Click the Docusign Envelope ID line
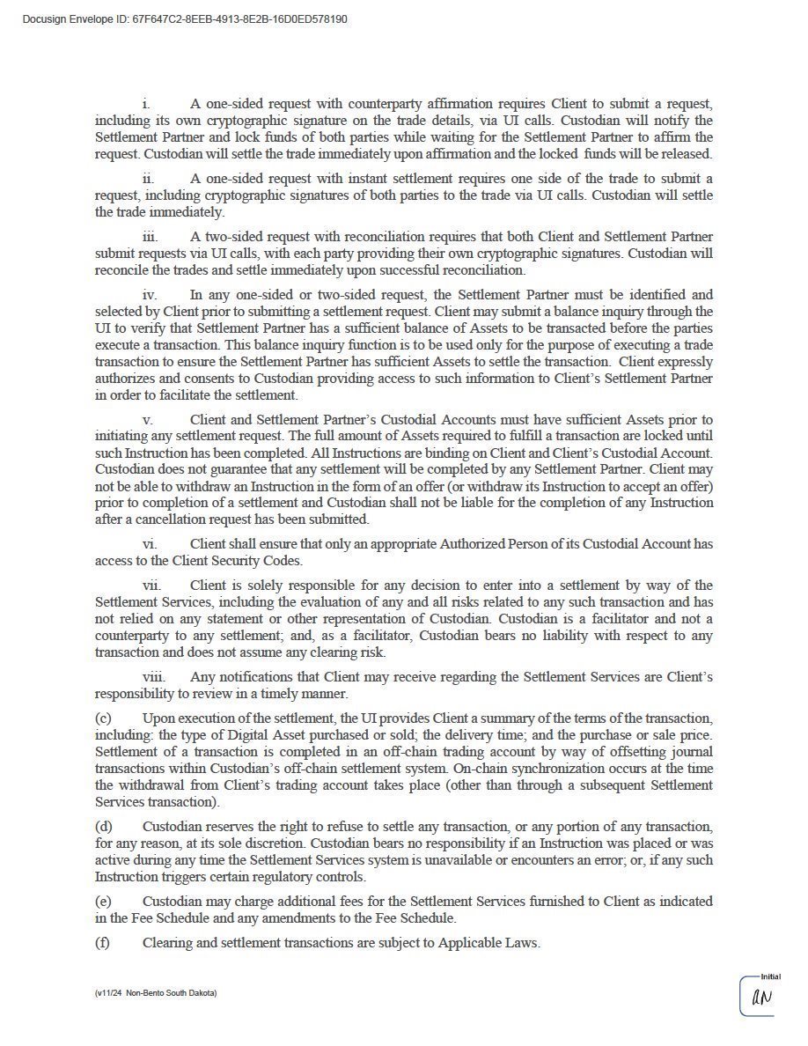point(184,18)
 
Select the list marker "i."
point(146,104)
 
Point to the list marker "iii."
point(151,237)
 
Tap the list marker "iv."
point(150,295)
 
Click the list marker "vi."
point(150,544)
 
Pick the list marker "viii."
point(153,677)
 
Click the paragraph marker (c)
point(103,719)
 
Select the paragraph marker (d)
point(103,827)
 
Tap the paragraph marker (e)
point(103,902)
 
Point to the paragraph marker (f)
point(102,943)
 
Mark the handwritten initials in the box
point(761,998)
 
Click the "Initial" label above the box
point(770,976)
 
